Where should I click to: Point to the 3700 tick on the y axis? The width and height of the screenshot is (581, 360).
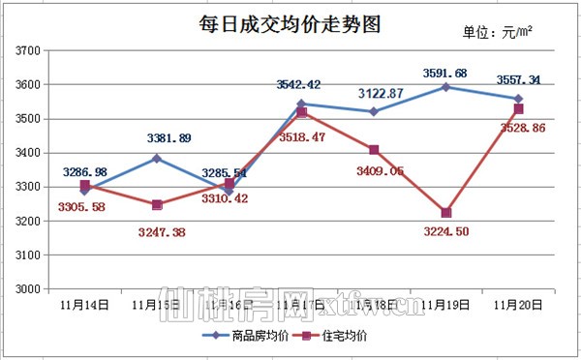point(26,50)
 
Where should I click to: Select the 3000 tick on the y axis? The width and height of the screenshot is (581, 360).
point(26,289)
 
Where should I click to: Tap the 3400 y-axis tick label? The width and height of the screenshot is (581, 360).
point(26,153)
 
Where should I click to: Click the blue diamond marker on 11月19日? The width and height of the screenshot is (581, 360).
point(445,87)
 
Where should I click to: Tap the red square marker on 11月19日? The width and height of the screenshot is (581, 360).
point(445,213)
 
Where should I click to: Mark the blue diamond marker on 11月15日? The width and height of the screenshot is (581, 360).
point(157,159)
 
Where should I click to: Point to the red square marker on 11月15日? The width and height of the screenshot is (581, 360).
point(157,205)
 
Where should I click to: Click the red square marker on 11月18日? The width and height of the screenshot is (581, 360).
point(374,150)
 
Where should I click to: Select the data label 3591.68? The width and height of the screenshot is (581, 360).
point(445,73)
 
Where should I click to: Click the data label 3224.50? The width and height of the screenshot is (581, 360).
point(445,231)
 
